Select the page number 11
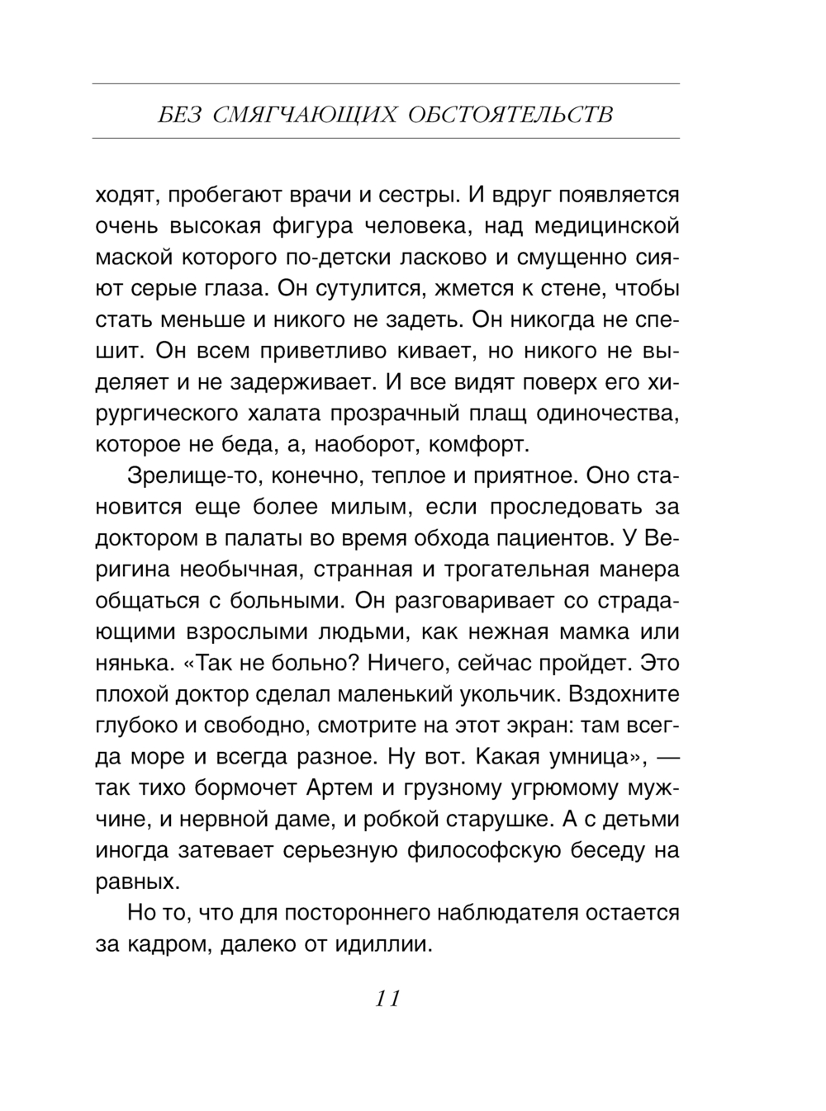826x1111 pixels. pyautogui.click(x=387, y=999)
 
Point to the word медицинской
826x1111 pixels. pyautogui.click(x=606, y=226)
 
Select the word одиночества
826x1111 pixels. pyautogui.click(x=607, y=413)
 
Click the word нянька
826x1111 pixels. pyautogui.click(x=133, y=663)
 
